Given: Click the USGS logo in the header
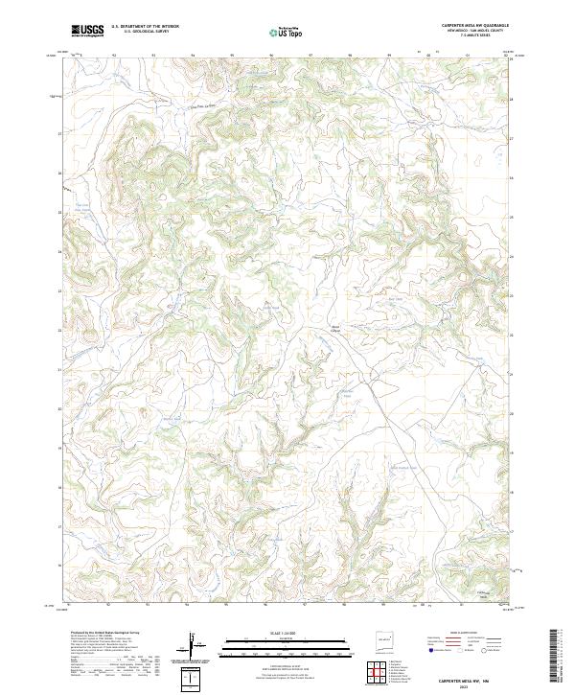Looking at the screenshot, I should pos(86,31).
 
